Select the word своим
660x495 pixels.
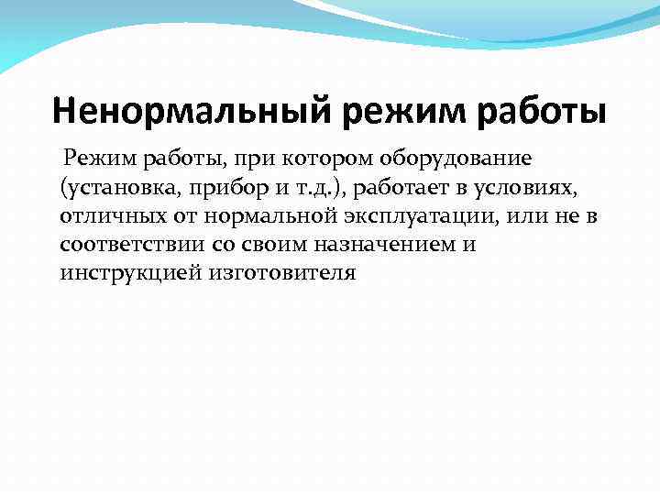coord(279,246)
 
